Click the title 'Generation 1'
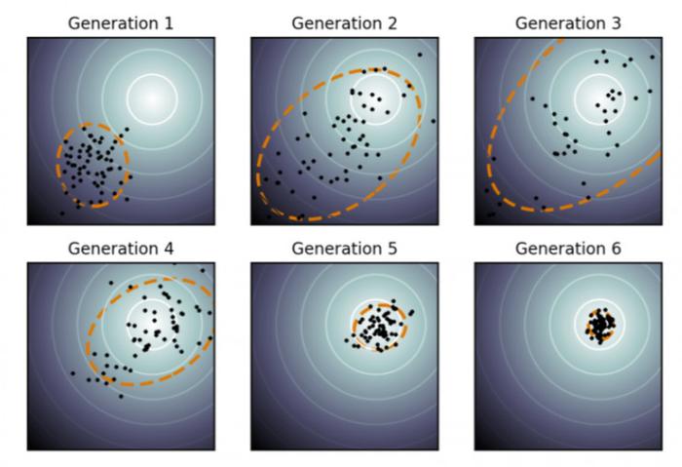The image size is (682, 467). (x=121, y=23)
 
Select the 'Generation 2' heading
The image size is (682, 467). (x=344, y=23)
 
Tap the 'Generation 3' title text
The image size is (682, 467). (x=568, y=23)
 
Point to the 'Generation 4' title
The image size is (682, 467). (x=121, y=249)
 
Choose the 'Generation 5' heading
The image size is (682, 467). (x=344, y=249)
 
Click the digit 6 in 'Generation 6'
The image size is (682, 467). (x=616, y=249)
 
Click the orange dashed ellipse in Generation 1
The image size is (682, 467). (x=57, y=166)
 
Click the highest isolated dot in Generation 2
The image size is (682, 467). (x=420, y=55)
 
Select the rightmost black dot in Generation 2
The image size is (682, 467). (x=434, y=121)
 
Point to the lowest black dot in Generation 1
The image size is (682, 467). (x=62, y=214)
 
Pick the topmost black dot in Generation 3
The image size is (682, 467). (x=603, y=52)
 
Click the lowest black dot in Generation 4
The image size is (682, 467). (x=121, y=396)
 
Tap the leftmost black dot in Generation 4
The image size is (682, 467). (x=73, y=373)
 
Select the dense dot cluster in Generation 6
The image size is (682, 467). (x=600, y=325)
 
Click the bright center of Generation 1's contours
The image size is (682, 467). (x=152, y=99)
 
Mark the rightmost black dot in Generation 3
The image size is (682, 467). (x=653, y=57)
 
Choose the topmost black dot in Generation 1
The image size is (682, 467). (x=127, y=130)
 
